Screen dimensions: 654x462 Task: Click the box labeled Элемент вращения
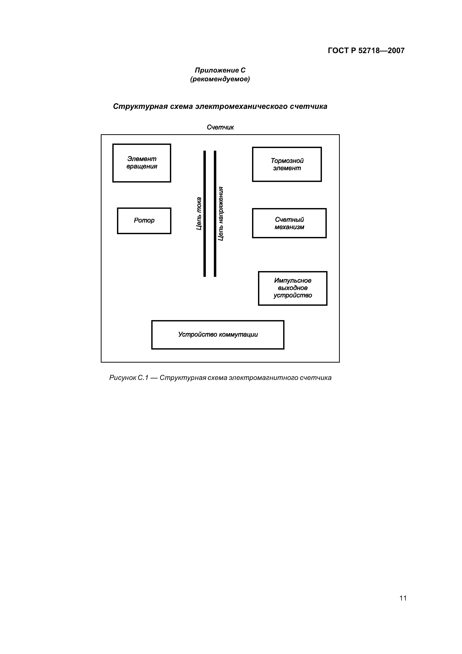coord(142,163)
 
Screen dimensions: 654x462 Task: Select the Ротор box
coord(144,221)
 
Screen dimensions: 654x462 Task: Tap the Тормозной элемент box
coord(287,164)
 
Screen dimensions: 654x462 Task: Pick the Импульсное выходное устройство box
coord(293,288)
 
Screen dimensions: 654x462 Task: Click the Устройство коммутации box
coord(218,335)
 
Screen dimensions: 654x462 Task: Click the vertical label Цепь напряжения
coord(221,214)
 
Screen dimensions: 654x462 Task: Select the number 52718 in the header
coord(369,51)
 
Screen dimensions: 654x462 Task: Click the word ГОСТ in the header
coord(338,51)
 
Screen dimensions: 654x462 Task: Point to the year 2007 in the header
coord(396,51)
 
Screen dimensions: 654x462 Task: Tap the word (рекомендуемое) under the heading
coord(220,79)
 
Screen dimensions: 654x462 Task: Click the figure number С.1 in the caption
coord(143,378)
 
